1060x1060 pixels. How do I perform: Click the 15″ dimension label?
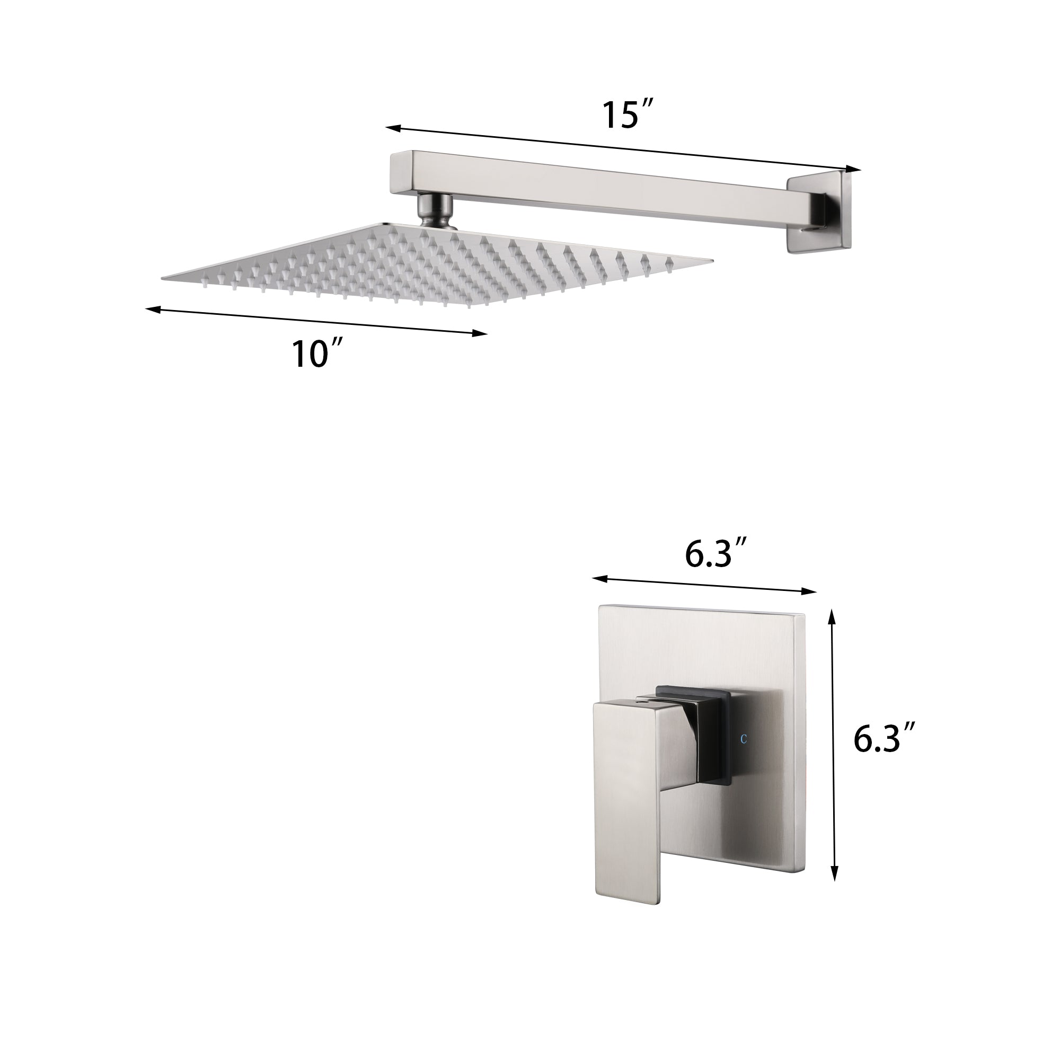click(626, 115)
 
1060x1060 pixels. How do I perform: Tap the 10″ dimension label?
click(317, 354)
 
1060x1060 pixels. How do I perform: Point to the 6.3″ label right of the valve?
click(886, 739)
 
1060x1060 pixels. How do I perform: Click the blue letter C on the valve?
click(744, 739)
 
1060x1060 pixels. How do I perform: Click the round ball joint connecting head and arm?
click(435, 209)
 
